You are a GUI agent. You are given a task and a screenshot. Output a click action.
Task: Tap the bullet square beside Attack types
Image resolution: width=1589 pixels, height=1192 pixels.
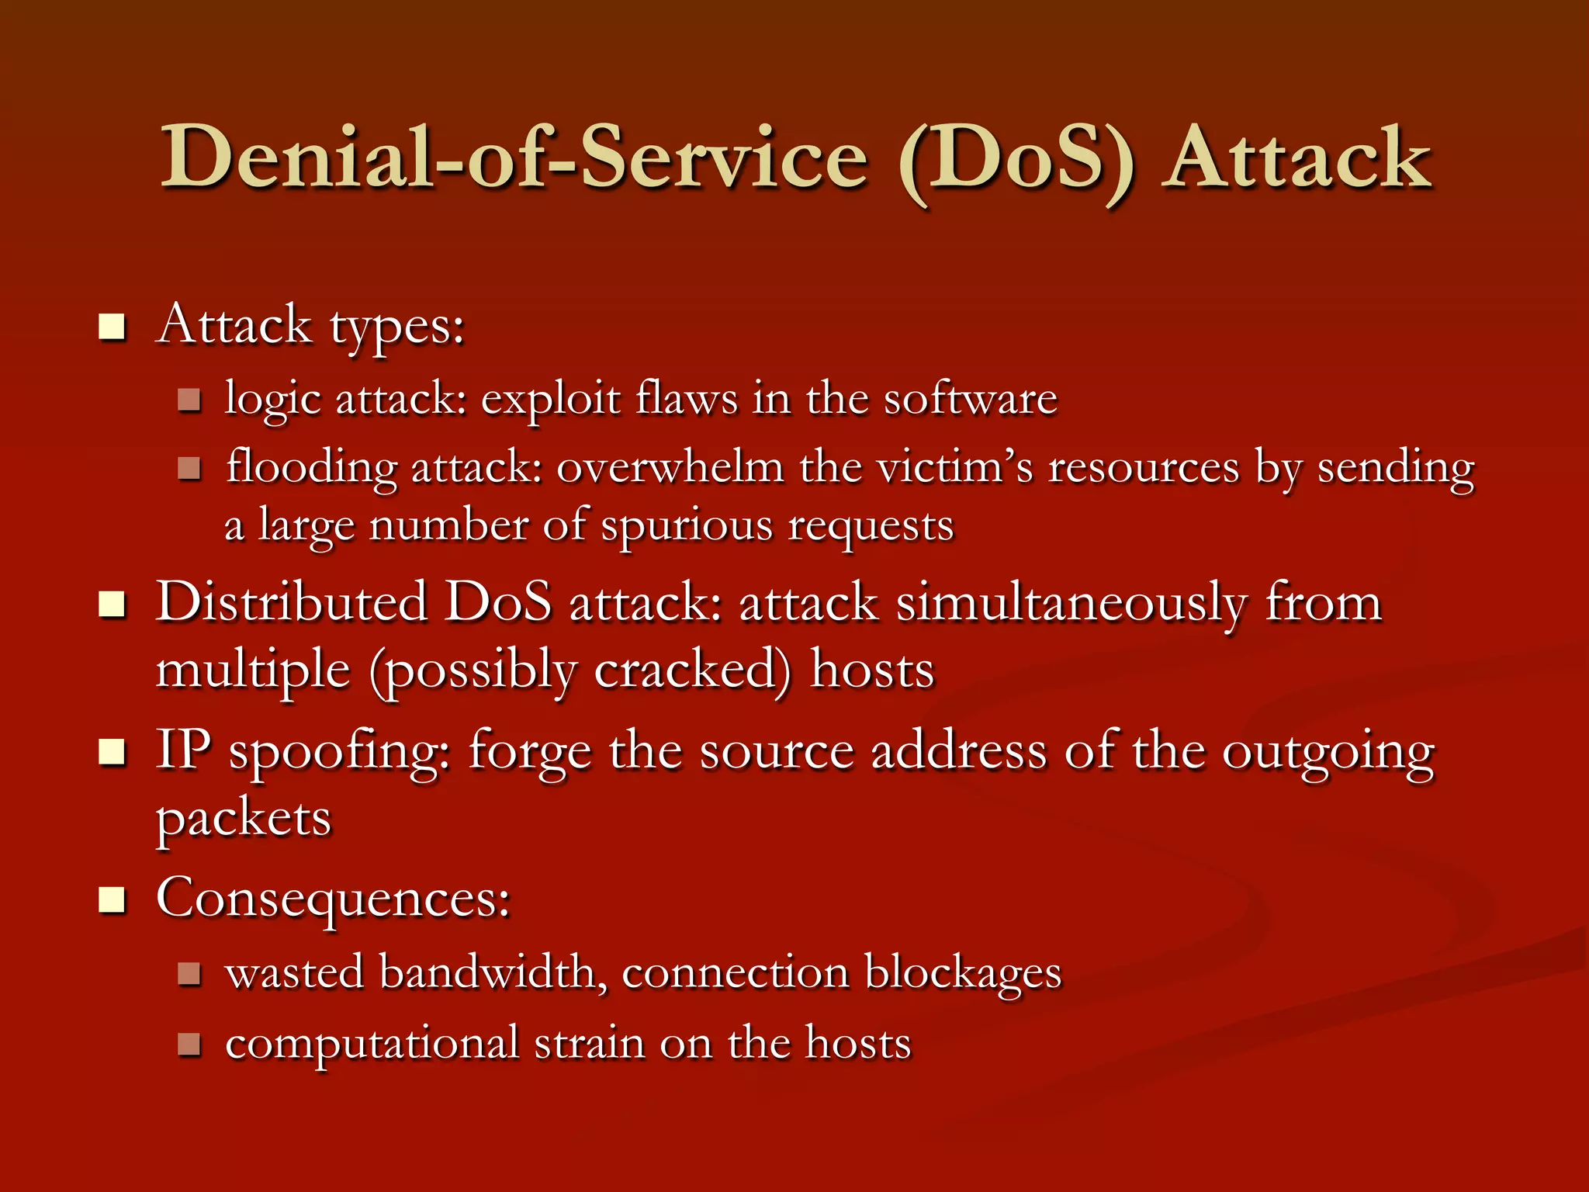click(112, 327)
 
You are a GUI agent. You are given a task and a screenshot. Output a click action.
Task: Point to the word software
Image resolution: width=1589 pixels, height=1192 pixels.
click(970, 399)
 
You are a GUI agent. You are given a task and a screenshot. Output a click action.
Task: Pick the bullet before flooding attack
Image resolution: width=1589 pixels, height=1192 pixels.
click(189, 468)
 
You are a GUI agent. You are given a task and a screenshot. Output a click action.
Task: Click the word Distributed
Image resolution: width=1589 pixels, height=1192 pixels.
click(292, 602)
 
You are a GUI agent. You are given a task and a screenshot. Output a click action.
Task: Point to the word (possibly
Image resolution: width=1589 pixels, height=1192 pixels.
click(473, 670)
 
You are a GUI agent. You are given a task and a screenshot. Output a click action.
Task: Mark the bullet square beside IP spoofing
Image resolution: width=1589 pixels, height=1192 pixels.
click(112, 751)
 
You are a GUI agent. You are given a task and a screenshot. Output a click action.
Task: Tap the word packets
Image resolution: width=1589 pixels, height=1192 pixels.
click(244, 819)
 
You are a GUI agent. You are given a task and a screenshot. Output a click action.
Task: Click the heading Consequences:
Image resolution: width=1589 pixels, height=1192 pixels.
click(333, 899)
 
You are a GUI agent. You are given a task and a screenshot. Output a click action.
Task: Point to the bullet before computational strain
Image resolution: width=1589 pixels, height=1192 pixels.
click(189, 1045)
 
